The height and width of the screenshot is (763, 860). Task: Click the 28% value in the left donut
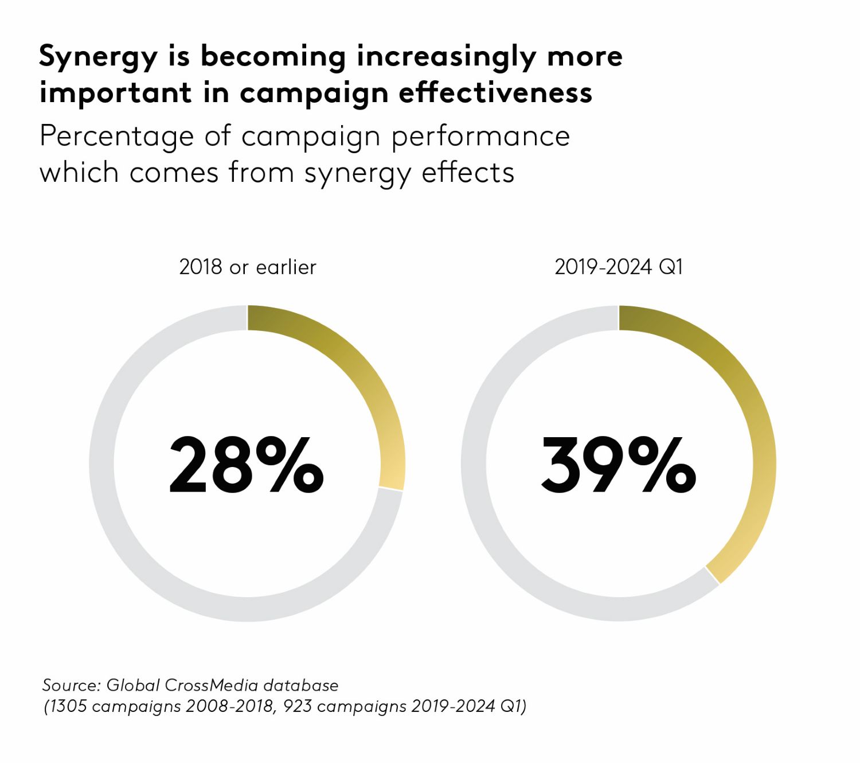(x=247, y=465)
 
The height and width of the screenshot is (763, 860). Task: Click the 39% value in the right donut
(x=618, y=465)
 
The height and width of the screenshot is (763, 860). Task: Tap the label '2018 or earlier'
(x=247, y=267)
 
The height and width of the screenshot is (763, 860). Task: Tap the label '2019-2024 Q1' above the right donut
(x=619, y=267)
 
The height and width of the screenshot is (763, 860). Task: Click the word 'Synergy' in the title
(x=97, y=57)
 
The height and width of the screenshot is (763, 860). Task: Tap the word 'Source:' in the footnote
(x=72, y=685)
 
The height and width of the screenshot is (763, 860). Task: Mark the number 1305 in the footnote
(x=69, y=706)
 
